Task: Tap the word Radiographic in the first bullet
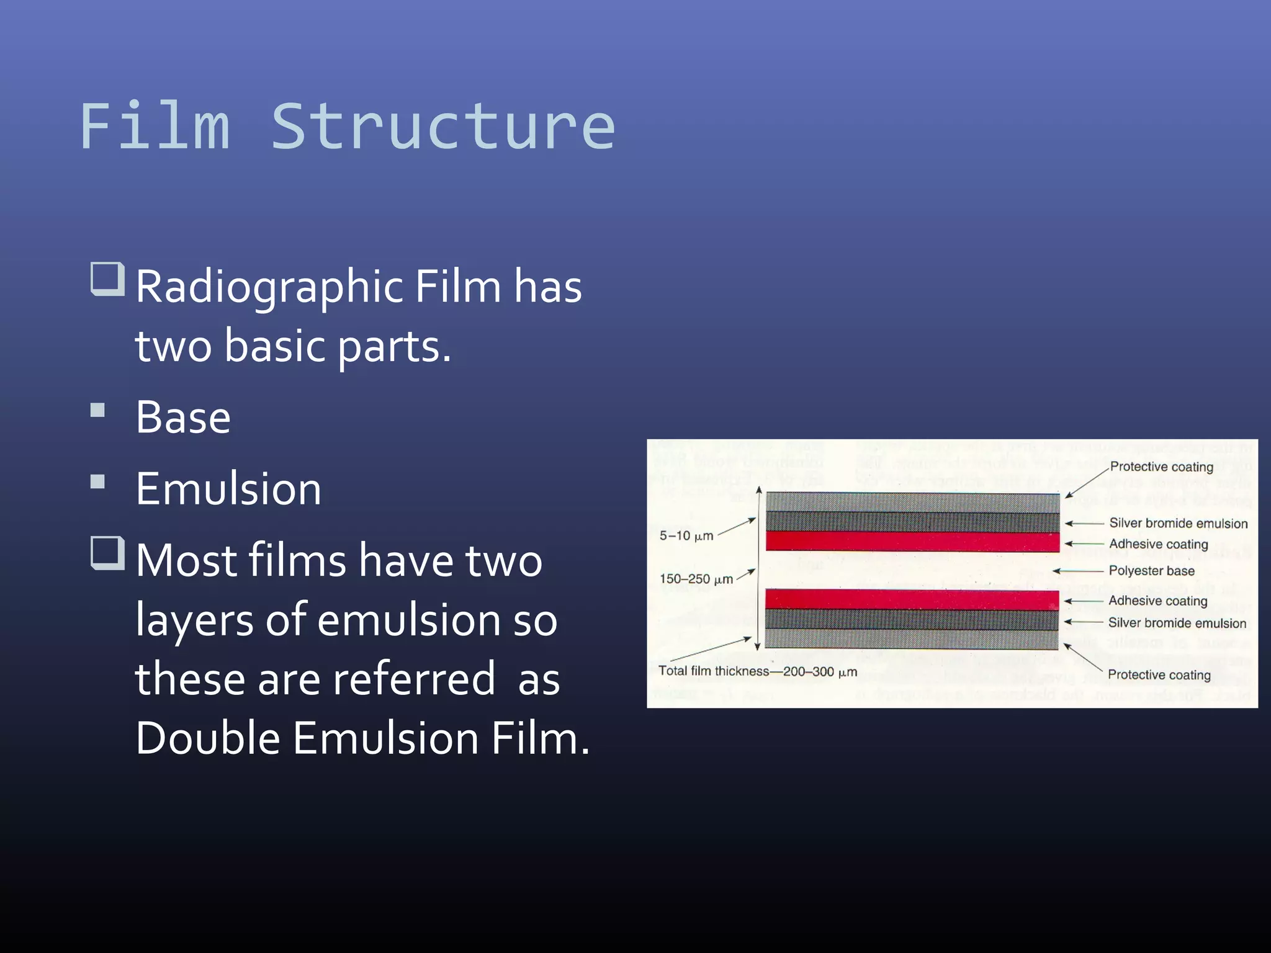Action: pos(270,287)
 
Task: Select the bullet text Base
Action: pos(183,417)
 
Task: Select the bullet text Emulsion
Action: pos(228,489)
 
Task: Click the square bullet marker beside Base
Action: pos(97,410)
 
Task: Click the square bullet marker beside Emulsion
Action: pos(97,482)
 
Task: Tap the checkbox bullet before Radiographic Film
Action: pos(107,279)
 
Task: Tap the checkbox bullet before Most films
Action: pos(107,553)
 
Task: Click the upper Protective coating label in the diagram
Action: pos(1161,467)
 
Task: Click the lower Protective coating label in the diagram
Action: pos(1159,674)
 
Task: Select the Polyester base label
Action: pos(1151,571)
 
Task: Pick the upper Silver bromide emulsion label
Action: pos(1178,524)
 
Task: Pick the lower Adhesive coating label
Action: pos(1157,601)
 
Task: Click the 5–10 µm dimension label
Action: pos(686,535)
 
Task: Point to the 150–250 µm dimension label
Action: pos(696,579)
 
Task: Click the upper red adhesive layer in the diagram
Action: pos(912,542)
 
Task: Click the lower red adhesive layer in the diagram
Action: pos(912,599)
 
